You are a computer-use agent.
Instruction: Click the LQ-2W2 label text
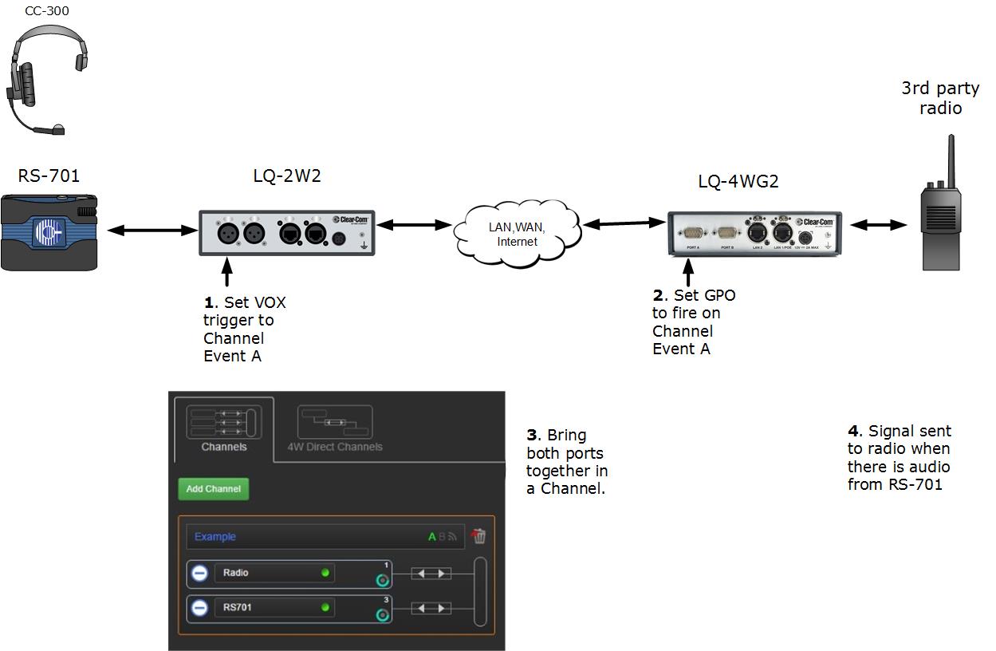pyautogui.click(x=286, y=176)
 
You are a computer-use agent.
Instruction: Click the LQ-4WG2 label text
pyautogui.click(x=738, y=181)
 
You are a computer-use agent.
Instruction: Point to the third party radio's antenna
pyautogui.click(x=951, y=160)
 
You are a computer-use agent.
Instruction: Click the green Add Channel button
pyautogui.click(x=213, y=489)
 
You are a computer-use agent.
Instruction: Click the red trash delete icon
pyautogui.click(x=478, y=536)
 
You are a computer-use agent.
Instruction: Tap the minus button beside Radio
pyautogui.click(x=199, y=573)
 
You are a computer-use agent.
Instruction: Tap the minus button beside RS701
pyautogui.click(x=199, y=608)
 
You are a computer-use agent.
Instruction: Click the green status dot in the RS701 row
pyautogui.click(x=325, y=608)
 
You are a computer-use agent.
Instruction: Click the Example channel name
pyautogui.click(x=215, y=537)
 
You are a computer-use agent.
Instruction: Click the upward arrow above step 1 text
pyautogui.click(x=228, y=271)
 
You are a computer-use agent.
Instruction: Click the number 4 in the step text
pyautogui.click(x=852, y=432)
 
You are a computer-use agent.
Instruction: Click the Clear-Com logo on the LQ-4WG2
pyautogui.click(x=818, y=222)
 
